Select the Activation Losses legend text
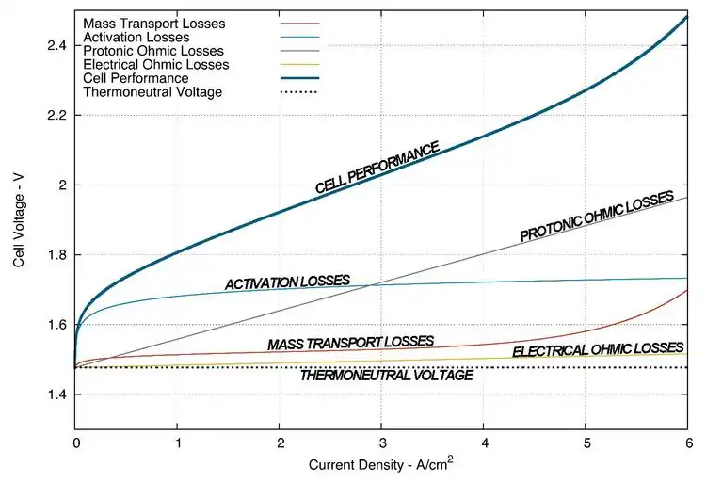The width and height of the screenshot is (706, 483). [136, 36]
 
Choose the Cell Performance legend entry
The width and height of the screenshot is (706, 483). [136, 78]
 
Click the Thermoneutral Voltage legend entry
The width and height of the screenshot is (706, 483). [152, 92]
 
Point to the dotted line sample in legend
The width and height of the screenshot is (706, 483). [300, 92]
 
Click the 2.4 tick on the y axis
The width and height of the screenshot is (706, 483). [56, 45]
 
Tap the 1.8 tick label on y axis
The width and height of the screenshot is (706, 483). [56, 255]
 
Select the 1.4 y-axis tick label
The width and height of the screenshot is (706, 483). [56, 394]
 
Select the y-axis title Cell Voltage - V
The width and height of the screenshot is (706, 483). [19, 221]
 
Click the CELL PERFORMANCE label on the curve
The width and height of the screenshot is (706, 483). [377, 168]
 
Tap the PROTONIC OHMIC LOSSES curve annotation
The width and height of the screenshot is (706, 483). [597, 216]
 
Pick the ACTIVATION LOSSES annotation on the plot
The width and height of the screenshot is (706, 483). [287, 282]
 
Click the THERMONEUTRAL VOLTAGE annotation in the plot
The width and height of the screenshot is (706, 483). [386, 375]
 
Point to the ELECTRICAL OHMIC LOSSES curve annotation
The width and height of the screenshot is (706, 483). [598, 349]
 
